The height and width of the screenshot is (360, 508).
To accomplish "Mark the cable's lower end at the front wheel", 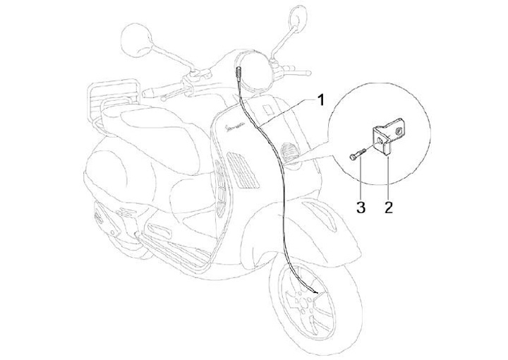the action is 315,290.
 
